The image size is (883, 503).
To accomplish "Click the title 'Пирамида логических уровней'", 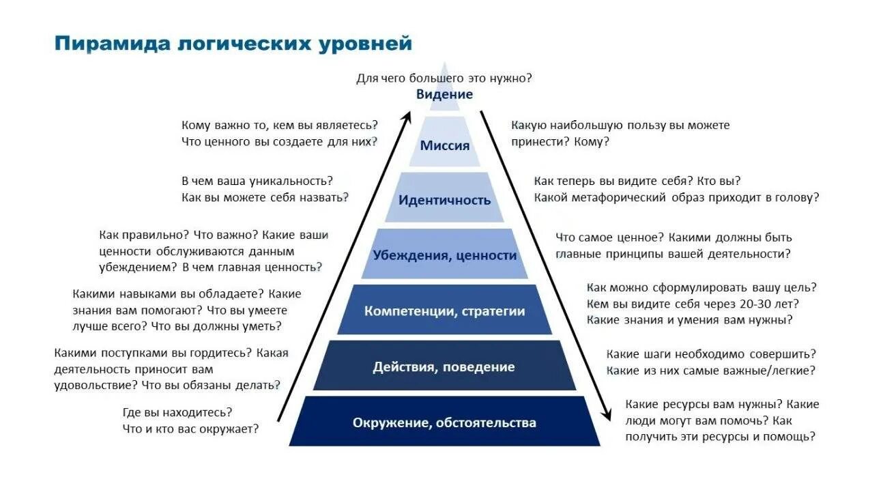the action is (x=233, y=44).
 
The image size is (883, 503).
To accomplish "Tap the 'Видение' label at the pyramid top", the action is (x=444, y=94).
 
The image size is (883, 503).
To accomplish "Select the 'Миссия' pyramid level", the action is (x=444, y=145).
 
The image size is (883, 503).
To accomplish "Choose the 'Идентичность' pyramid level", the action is (x=444, y=200).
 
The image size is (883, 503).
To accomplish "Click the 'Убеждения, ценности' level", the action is (x=444, y=255).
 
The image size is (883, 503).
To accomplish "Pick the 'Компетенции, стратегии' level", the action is (x=444, y=311).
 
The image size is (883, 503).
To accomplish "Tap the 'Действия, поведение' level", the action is (x=444, y=367).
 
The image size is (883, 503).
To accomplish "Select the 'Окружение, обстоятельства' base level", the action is (x=444, y=422).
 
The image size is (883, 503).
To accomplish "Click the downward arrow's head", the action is (x=605, y=415).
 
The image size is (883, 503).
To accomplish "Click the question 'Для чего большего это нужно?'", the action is (x=444, y=78).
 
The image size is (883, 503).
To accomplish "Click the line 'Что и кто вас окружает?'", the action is (x=190, y=429).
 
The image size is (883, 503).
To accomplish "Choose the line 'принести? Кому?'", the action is (x=560, y=141).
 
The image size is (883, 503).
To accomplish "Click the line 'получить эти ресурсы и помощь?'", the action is (x=720, y=436).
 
